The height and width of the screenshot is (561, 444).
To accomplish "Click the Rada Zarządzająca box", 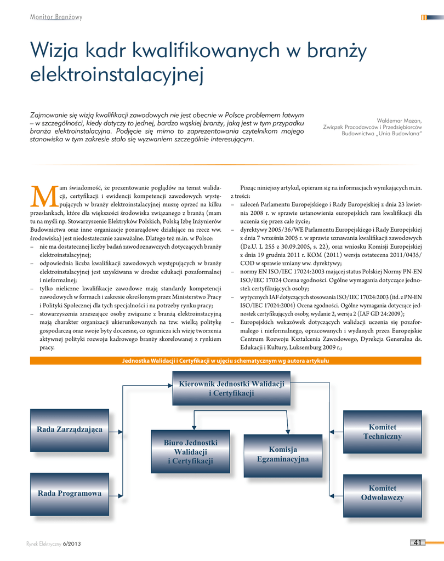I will coord(70,429).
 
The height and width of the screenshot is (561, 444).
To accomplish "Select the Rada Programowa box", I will coord(70,493).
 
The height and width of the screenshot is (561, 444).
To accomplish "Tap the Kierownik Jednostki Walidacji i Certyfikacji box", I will coord(231,388).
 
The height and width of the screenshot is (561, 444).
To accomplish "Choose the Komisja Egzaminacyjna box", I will coord(283,454).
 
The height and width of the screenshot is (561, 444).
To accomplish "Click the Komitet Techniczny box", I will coord(382,432).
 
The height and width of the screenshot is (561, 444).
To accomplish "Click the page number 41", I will coord(417,543).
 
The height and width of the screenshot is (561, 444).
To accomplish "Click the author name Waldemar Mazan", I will coord(399,121).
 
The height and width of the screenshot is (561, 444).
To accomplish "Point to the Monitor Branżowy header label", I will coord(56,17).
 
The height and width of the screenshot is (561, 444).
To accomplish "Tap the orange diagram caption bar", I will coord(225,360).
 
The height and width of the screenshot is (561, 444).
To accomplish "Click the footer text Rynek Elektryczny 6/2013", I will coord(54,543).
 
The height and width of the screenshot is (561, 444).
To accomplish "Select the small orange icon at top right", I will coord(424,18).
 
